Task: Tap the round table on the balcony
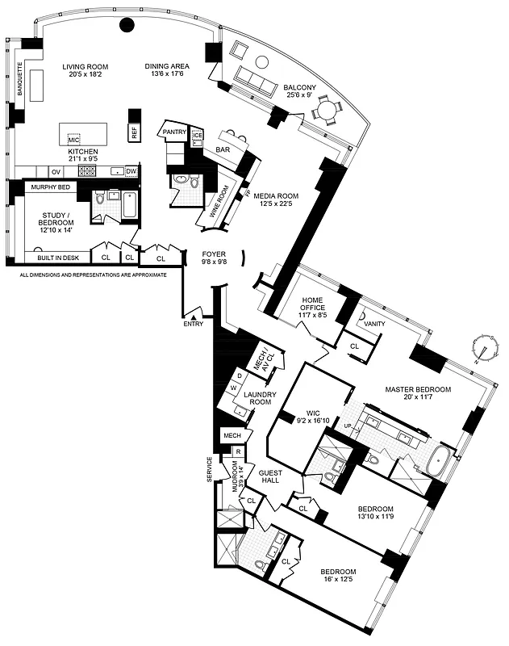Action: pos(328,107)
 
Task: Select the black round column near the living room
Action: pos(127,25)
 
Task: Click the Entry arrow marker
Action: pos(194,317)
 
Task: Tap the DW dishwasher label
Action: pos(131,171)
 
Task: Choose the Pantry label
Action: pos(174,132)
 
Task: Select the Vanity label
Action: pos(375,324)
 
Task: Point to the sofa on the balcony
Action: pos(257,78)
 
